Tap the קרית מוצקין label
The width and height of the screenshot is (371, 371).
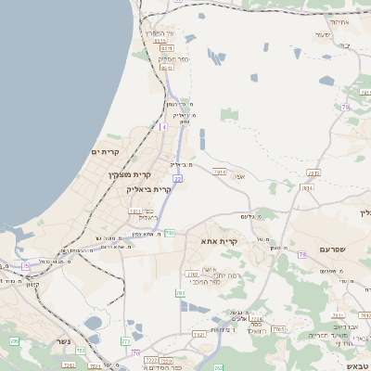[128, 175]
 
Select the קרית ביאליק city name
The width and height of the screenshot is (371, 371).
[149, 188]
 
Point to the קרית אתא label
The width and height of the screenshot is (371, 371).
[220, 241]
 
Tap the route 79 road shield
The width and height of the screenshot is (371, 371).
[301, 253]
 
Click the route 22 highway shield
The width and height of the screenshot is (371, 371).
[176, 178]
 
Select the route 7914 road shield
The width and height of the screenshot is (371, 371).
[220, 172]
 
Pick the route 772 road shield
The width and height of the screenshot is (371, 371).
[125, 341]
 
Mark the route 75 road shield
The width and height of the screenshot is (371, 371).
[25, 266]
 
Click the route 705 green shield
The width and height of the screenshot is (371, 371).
[14, 342]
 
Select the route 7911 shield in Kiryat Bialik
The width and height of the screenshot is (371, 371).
[135, 211]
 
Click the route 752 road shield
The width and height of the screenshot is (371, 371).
[81, 351]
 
